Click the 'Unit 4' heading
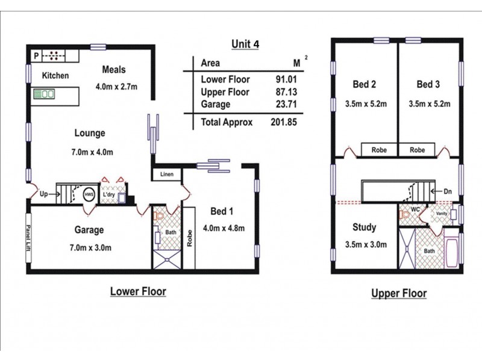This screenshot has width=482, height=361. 245,44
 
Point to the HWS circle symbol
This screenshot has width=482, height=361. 88,195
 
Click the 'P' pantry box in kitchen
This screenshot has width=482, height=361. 36,56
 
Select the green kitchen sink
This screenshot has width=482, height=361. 44,94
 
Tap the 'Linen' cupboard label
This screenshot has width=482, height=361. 167,174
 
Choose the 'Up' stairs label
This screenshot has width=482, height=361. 44,195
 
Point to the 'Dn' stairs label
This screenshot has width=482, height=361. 447,191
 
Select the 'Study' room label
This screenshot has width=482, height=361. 365,227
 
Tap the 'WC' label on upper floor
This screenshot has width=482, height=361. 415,209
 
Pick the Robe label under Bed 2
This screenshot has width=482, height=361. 378,150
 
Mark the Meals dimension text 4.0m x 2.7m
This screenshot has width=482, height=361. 116,86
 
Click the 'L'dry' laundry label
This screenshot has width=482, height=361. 108,195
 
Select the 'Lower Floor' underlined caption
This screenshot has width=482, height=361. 138,292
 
